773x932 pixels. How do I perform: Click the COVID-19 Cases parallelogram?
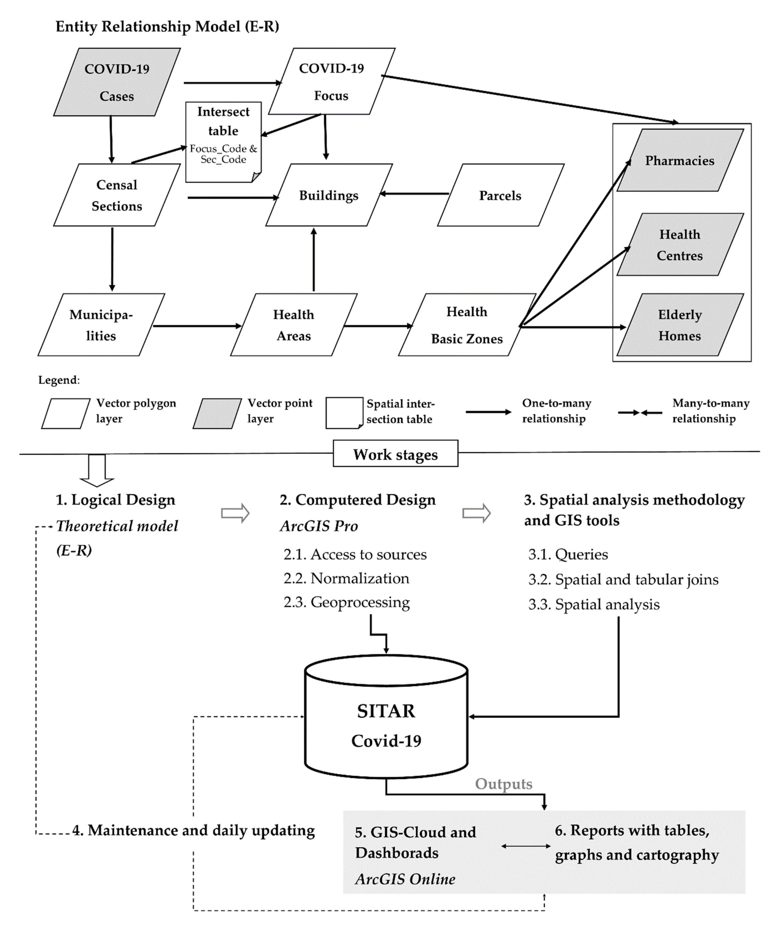[117, 82]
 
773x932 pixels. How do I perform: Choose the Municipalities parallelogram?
[101, 325]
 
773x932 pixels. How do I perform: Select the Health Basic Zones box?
[467, 325]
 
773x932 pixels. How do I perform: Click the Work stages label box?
[395, 454]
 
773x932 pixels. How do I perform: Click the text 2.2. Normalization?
[346, 578]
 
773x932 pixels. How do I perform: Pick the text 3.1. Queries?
[568, 554]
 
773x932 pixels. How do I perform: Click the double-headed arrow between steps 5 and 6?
[526, 846]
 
